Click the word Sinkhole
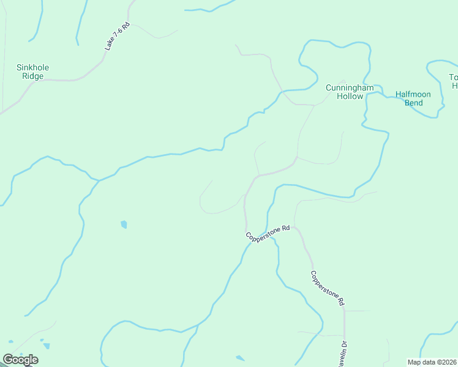pyautogui.click(x=33, y=67)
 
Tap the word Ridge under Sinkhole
pyautogui.click(x=33, y=76)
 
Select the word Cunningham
pyautogui.click(x=350, y=87)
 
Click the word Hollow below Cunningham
pyautogui.click(x=350, y=96)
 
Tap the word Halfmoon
pyautogui.click(x=413, y=94)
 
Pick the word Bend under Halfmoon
pyautogui.click(x=413, y=103)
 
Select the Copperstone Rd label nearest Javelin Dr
pyautogui.click(x=328, y=288)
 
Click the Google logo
pyautogui.click(x=20, y=360)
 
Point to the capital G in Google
pyautogui.click(x=7, y=360)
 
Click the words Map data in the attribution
pyautogui.click(x=420, y=362)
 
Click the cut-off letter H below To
pyautogui.click(x=455, y=86)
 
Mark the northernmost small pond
pyautogui.click(x=124, y=224)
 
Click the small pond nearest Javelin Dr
pyautogui.click(x=240, y=358)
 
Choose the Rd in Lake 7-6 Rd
pyautogui.click(x=126, y=27)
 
